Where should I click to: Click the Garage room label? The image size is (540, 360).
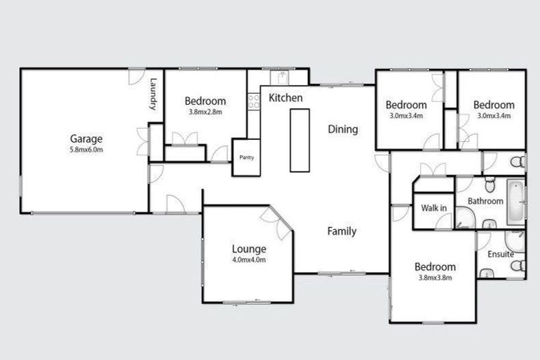tap(86, 139)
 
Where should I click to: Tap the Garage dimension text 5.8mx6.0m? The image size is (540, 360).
tap(86, 150)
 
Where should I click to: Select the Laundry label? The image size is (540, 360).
tap(152, 94)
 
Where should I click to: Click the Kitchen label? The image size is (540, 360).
tap(285, 98)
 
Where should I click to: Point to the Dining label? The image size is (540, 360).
tap(343, 129)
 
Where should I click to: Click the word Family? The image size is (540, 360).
tap(342, 231)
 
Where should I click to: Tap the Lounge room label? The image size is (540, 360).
tap(249, 249)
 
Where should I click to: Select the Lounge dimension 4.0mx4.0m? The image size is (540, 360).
tap(249, 259)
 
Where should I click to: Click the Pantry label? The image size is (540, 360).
tap(246, 157)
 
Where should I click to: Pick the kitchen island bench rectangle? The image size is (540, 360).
tap(300, 139)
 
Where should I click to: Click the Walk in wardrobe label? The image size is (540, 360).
tap(433, 208)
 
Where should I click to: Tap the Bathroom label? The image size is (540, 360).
tap(486, 201)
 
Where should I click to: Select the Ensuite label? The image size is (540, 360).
tap(500, 254)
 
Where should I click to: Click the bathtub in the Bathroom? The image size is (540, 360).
tap(515, 200)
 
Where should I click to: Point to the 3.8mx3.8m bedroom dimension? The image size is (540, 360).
tap(435, 278)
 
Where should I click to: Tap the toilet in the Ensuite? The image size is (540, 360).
tap(517, 266)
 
